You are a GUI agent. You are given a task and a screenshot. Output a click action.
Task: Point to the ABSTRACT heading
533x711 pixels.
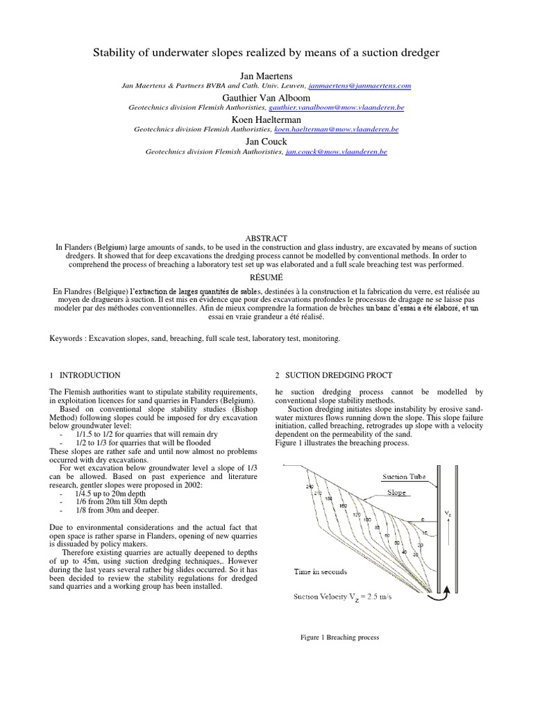266,238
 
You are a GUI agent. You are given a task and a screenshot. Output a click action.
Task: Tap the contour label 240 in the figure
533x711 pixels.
310,487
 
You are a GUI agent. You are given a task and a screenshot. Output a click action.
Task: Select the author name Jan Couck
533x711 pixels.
266,141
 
